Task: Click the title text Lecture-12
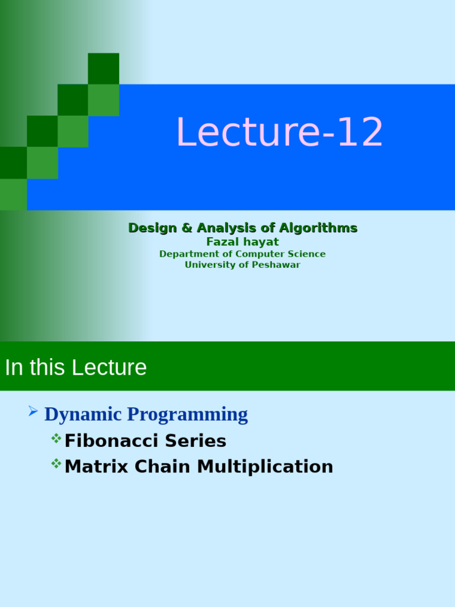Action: click(x=280, y=132)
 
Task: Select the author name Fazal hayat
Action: click(x=242, y=242)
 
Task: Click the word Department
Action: click(x=186, y=254)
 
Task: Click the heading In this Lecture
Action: click(x=76, y=368)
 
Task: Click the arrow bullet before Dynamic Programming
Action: click(x=33, y=411)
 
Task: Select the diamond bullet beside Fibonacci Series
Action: click(x=56, y=438)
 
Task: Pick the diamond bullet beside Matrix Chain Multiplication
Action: click(x=56, y=464)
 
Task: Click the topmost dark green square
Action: click(x=104, y=68)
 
